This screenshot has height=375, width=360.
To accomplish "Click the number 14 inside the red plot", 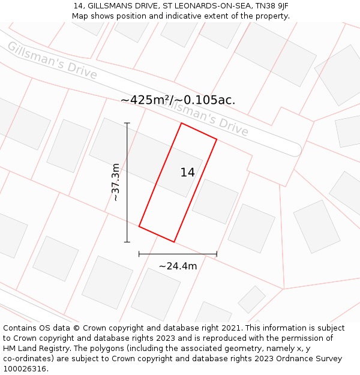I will [187, 173].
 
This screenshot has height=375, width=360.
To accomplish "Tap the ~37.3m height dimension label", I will [116, 182].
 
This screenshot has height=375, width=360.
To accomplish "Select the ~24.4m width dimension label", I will [178, 266].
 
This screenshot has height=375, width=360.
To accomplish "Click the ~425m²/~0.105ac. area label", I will [178, 100].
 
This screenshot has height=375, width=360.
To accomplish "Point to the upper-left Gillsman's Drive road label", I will [52, 60].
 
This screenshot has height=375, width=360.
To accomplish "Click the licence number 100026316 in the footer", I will [25, 368].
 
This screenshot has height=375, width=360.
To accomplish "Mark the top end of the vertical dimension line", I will [127, 123].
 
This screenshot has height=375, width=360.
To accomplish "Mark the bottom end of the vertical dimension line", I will [127, 242].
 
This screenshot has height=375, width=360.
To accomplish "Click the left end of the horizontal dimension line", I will [139, 254].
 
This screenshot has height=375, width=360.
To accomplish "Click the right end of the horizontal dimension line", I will [217, 254].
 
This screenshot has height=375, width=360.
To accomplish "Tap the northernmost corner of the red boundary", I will [181, 123].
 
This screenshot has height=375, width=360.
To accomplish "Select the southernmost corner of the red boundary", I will [174, 242].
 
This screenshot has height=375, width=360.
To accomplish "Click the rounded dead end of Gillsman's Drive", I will [295, 149].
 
